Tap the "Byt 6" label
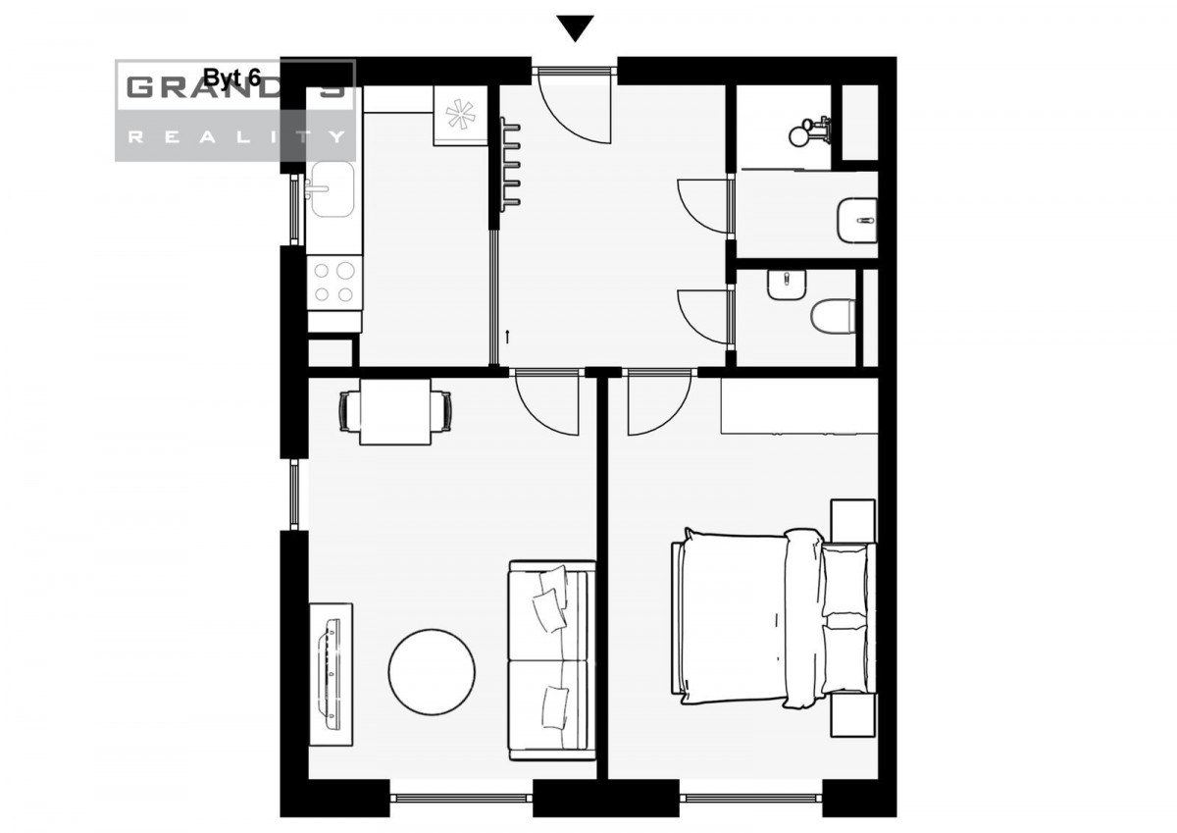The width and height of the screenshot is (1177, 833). click(231, 78)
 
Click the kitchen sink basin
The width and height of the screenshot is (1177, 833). click(333, 188)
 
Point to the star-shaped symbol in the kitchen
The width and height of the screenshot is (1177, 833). click(460, 114)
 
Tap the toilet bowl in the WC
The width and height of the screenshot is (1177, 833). click(833, 316)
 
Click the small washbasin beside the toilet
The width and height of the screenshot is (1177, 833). click(786, 286)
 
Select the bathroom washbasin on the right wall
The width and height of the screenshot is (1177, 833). click(856, 220)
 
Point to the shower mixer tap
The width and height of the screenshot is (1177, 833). click(809, 131)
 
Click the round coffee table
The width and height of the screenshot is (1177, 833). click(432, 672)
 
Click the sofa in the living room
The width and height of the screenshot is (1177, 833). click(551, 660)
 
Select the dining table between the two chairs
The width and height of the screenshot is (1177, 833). click(395, 412)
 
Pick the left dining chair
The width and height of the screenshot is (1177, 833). click(349, 412)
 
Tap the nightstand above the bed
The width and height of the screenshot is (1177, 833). click(853, 521)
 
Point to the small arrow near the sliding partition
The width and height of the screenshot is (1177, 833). click(507, 337)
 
